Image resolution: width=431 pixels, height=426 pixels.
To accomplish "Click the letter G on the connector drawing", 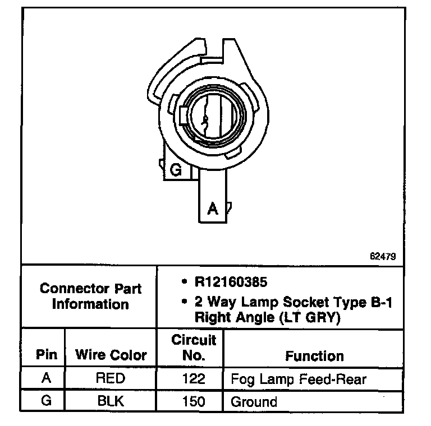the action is (176, 170).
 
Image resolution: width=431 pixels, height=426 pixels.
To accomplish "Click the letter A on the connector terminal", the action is (213, 209).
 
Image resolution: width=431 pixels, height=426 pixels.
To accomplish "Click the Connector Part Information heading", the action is (90, 297).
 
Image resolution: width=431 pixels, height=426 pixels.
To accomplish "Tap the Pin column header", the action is (47, 355).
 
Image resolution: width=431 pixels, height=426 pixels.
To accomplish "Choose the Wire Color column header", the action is (111, 355).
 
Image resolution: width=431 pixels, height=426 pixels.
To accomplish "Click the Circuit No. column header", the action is (193, 348).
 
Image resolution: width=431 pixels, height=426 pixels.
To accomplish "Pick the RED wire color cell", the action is (111, 378).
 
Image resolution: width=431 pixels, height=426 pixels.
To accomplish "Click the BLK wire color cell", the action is (111, 401).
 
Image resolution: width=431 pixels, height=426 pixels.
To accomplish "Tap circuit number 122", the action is (193, 379).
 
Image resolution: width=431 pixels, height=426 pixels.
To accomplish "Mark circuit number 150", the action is (193, 402).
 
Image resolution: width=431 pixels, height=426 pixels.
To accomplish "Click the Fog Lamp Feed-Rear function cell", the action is (298, 379).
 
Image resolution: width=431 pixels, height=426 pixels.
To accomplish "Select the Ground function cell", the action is (254, 402).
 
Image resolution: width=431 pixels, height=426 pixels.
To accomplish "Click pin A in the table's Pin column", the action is (46, 378).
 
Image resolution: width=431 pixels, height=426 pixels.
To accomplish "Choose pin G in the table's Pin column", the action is (46, 401).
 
